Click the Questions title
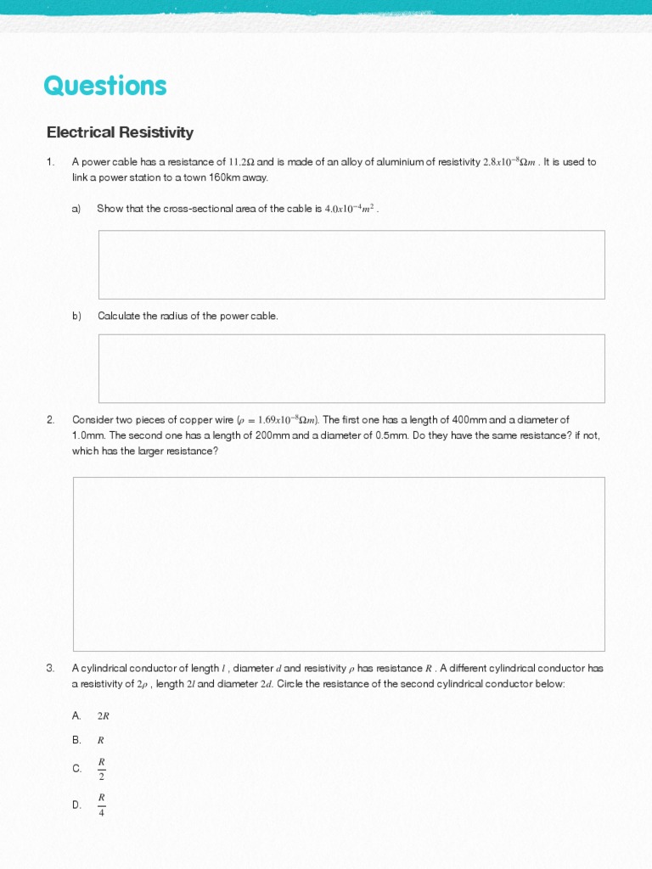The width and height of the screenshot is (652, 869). click(105, 86)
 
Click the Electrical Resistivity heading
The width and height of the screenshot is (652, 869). click(120, 132)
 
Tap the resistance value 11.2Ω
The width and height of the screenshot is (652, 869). click(241, 162)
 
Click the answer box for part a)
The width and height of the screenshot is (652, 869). click(351, 264)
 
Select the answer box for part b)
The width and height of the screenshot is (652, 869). click(351, 367)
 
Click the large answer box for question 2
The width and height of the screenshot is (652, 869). click(339, 563)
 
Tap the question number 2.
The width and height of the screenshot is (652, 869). click(51, 419)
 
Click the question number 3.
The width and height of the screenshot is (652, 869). click(51, 668)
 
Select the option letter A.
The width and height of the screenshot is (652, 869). click(76, 715)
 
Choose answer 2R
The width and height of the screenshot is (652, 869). click(104, 716)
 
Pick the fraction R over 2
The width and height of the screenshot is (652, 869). click(102, 769)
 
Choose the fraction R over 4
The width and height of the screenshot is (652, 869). click(102, 805)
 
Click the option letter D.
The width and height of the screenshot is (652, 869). click(76, 805)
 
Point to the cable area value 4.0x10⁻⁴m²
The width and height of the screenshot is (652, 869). click(350, 209)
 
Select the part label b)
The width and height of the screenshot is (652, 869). click(76, 316)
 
